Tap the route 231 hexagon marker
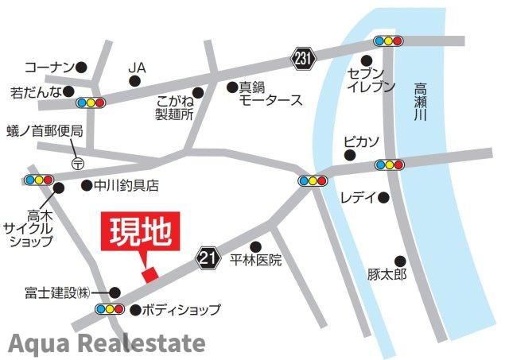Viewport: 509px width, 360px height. (303, 58)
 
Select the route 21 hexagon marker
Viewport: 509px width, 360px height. (209, 257)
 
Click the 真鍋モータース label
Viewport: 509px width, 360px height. (270, 93)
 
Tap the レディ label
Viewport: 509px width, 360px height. (357, 197)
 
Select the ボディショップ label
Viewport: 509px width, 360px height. (181, 309)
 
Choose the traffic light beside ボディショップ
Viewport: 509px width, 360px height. (109, 308)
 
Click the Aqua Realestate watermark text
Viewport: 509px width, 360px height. (107, 343)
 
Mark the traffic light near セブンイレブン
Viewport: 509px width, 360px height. (388, 41)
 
